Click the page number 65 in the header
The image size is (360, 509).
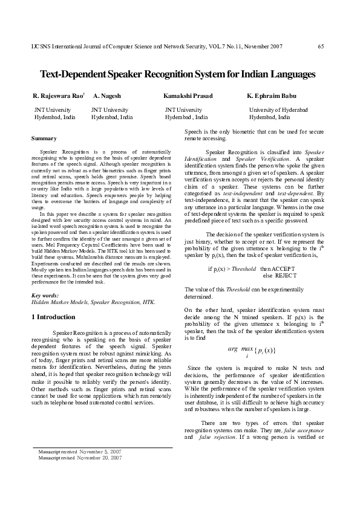tap(321, 47)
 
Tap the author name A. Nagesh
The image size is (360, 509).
tap(107, 96)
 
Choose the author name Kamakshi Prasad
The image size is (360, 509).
tap(188, 96)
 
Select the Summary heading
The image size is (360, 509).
tap(44, 139)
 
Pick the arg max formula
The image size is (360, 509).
tap(252, 351)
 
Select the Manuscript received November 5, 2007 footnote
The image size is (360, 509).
tap(79, 452)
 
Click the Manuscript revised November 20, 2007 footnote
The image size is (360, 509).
tap(79, 458)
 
